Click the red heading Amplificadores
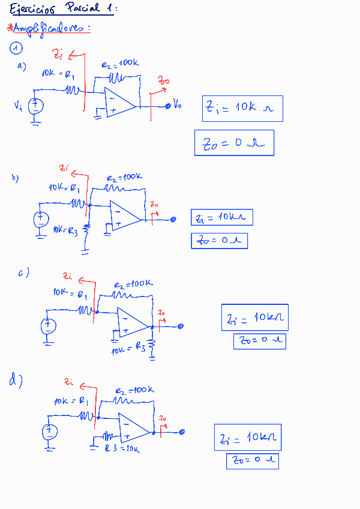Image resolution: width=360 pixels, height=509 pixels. (x=52, y=29)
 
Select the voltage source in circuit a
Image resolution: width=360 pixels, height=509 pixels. (x=35, y=106)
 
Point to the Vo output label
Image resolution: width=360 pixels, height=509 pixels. (x=177, y=106)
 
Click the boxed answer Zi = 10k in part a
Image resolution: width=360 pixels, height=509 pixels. (x=242, y=109)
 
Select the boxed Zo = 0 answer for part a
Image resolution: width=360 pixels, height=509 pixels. (x=234, y=143)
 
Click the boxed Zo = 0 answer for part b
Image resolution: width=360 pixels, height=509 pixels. (x=219, y=241)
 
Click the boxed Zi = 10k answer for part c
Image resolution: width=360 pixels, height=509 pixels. (x=255, y=318)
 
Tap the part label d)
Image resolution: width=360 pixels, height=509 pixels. (x=16, y=380)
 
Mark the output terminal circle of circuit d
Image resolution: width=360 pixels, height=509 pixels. (x=182, y=432)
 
